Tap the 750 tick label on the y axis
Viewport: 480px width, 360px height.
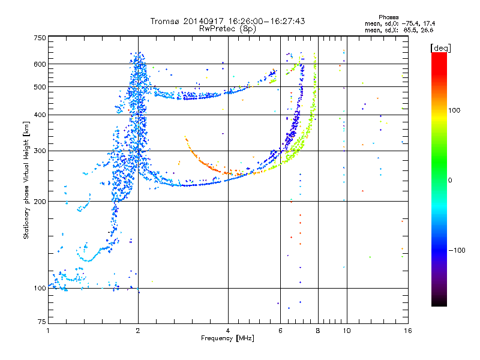coord(40,38)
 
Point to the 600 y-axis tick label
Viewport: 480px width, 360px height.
coord(40,64)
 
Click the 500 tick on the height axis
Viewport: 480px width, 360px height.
coord(40,87)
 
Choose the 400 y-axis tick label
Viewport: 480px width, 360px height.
coord(40,115)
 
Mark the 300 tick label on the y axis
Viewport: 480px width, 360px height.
coord(40,151)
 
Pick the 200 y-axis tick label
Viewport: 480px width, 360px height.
coord(40,202)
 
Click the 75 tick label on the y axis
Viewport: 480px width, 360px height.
coord(41,323)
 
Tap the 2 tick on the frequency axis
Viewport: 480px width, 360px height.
coord(138,331)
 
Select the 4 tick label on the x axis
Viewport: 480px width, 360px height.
coord(228,331)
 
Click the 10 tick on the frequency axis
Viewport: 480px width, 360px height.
coord(346,331)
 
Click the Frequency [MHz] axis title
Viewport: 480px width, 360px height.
coord(227,338)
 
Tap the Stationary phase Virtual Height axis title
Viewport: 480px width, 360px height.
coord(26,180)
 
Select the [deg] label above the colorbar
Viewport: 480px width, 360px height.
coord(441,47)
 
